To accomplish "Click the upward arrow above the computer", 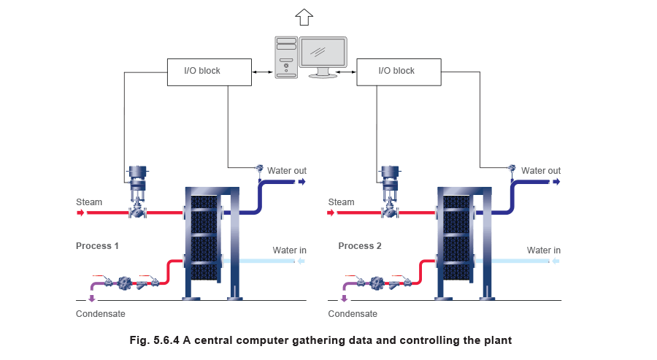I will tap(304, 15).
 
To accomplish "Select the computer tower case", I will tap(286, 57).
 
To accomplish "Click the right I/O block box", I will tap(399, 72).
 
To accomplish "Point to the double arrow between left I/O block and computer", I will tap(262, 72).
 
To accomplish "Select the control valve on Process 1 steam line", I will tap(137, 194).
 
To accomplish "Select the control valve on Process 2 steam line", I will tap(391, 194).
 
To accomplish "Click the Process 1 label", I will tap(98, 246).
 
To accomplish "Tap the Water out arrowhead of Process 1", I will tap(301, 181).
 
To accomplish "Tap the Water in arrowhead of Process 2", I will tap(555, 261).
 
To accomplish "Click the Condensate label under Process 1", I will tap(101, 314).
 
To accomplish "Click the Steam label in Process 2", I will tap(342, 202).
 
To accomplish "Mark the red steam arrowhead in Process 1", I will tap(80, 213).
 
